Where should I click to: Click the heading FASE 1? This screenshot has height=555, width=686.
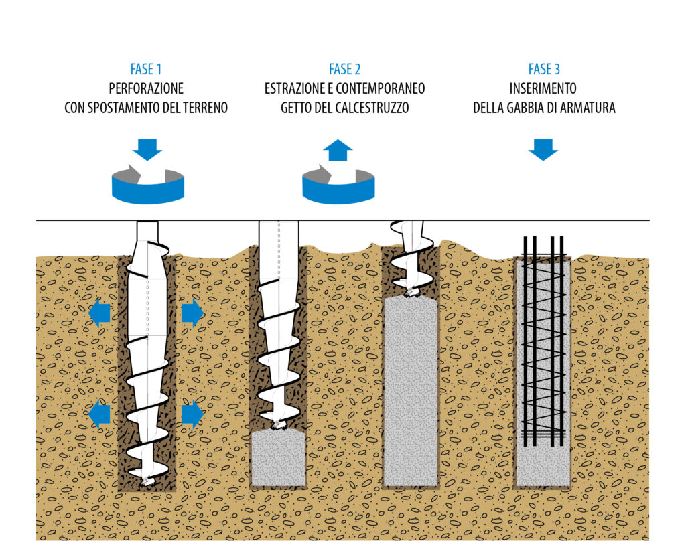[x=145, y=69]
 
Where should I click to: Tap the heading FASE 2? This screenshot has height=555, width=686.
[x=344, y=69]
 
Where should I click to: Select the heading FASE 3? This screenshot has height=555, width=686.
[x=543, y=69]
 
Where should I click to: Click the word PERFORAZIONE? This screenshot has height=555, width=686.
[x=145, y=88]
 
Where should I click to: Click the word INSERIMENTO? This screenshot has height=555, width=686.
[x=543, y=88]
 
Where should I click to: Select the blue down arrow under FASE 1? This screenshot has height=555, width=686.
[x=147, y=149]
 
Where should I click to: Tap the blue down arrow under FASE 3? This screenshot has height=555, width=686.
[x=543, y=149]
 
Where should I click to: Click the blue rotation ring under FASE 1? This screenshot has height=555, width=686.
[x=147, y=191]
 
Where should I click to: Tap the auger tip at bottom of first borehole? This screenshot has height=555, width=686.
[x=147, y=480]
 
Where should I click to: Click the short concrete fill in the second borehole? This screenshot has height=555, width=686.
[x=278, y=459]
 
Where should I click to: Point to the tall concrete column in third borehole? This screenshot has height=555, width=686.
[x=411, y=392]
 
